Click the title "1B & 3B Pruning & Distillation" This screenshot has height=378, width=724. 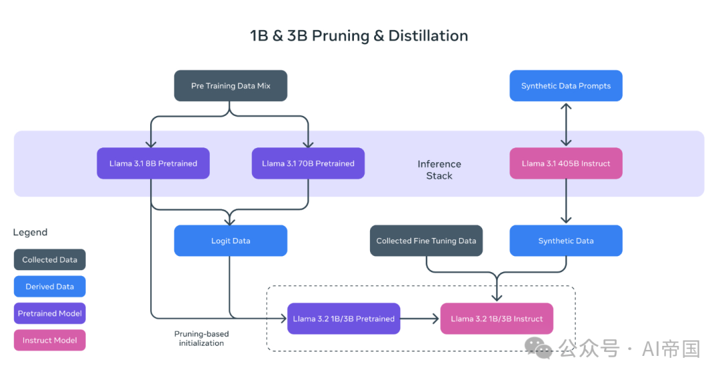point(359,36)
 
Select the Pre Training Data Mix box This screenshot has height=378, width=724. point(231,86)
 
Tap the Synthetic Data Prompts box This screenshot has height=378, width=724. point(566,86)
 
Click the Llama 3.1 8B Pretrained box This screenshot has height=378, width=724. point(153,164)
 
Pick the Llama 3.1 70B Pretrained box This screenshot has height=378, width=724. point(308,164)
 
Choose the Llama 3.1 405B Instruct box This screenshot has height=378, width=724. point(566,164)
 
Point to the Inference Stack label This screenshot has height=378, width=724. point(439,170)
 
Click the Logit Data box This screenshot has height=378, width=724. point(231,241)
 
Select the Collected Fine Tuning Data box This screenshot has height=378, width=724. point(426,241)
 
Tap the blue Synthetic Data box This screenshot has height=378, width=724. point(566,241)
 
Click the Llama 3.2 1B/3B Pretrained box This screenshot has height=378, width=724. point(343,318)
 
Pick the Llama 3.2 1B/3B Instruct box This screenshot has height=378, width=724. point(497,318)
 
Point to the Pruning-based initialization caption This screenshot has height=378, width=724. point(201,338)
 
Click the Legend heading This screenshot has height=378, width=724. point(30,233)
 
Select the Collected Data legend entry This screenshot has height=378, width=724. point(50,259)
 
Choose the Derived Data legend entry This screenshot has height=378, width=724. point(50,286)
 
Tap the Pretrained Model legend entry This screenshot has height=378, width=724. point(50,313)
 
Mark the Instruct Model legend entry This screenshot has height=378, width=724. point(50,340)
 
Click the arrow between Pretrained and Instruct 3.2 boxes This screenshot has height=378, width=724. point(420,318)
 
